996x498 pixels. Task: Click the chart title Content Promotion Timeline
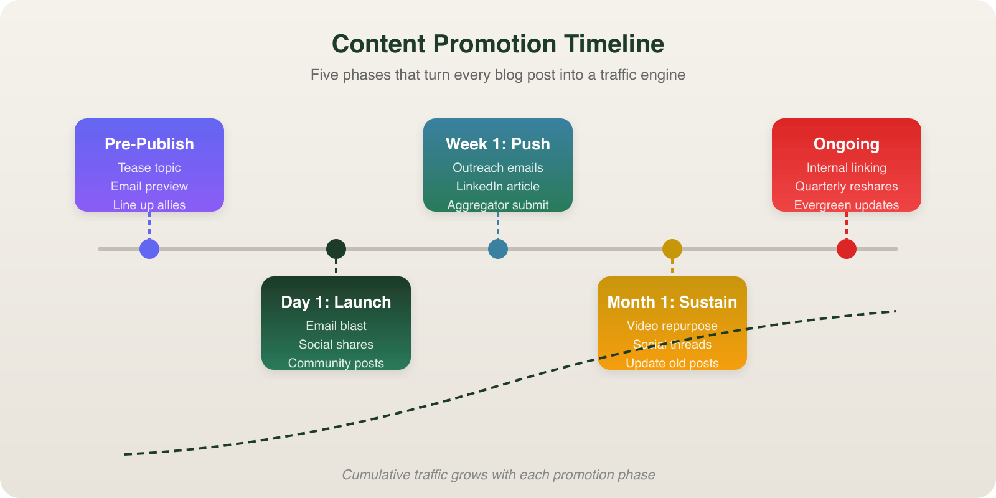498,44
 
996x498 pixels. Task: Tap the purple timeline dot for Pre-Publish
149,249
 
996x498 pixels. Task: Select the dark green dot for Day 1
336,249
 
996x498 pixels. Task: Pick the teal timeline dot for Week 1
498,249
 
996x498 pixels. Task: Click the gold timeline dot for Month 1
672,249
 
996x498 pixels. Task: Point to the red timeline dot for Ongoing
847,249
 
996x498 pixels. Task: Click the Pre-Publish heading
149,144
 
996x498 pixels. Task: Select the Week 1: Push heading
498,144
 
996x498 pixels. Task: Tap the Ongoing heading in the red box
847,144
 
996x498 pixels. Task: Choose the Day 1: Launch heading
336,302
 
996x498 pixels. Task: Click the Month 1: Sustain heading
672,302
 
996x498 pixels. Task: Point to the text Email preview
149,186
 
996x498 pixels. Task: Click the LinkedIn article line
498,186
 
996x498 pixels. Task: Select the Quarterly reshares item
847,186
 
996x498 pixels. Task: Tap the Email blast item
336,326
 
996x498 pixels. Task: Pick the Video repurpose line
672,326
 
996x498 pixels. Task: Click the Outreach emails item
498,167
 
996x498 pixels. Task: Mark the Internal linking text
847,167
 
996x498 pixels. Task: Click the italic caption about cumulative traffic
498,475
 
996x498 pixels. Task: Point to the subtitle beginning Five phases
498,75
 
